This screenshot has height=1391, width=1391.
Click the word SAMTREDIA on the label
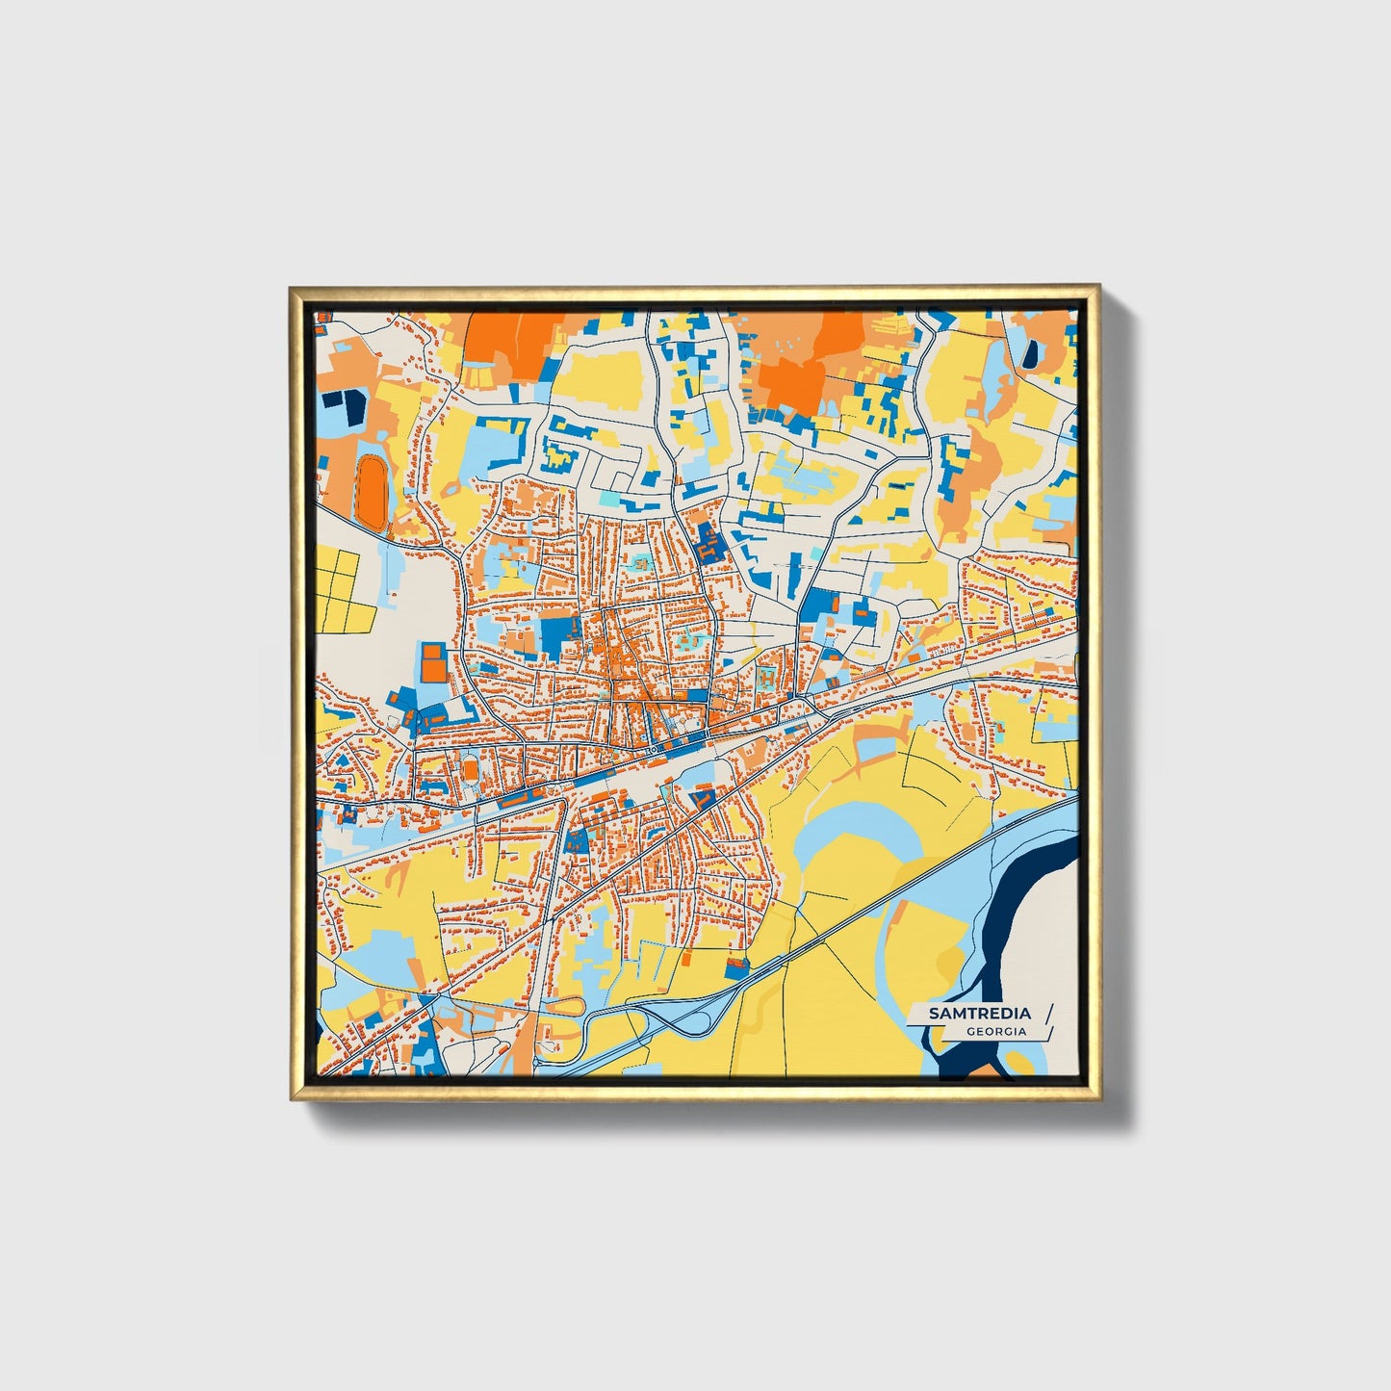pos(979,1013)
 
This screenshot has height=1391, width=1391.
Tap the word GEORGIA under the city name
pos(996,1031)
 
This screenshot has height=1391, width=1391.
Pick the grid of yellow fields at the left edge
pos(337,589)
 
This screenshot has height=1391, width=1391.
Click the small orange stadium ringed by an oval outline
pos(469,770)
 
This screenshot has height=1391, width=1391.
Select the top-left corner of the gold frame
pos(292,288)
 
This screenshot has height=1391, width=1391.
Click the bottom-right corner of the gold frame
pos(1098,1098)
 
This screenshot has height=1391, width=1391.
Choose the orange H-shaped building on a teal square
pos(767,676)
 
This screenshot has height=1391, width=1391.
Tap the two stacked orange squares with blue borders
pos(433,661)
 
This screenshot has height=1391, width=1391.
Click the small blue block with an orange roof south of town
pos(736,966)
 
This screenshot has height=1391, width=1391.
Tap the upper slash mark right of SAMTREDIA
pos(1048,1014)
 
